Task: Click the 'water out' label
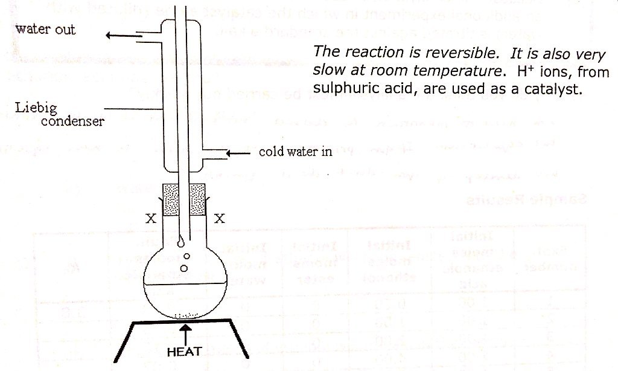click(46, 29)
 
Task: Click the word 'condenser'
click(72, 121)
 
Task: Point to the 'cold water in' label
click(295, 152)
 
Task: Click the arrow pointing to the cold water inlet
click(238, 153)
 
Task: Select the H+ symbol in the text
click(526, 71)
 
